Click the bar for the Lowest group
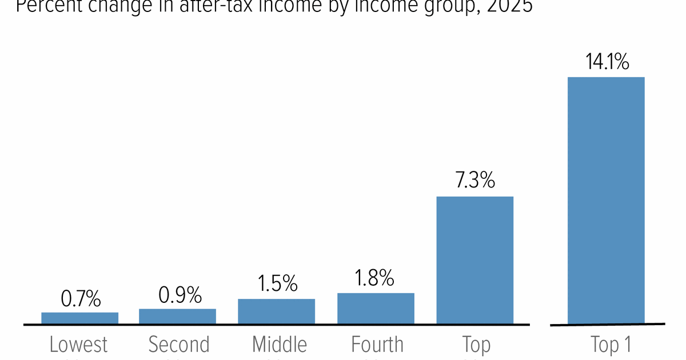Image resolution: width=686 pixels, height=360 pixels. [x=80, y=318]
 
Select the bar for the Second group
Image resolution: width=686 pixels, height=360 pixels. [x=178, y=317]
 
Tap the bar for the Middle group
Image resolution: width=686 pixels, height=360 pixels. [x=277, y=311]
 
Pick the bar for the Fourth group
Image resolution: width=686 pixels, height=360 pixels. [x=376, y=309]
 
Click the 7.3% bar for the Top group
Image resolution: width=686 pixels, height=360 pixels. [x=475, y=261]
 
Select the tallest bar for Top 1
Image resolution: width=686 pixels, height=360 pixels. [x=606, y=201]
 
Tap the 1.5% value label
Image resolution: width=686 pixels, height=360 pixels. [x=277, y=283]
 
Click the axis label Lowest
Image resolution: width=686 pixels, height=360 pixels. [x=79, y=345]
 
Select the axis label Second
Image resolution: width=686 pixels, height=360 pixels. [x=179, y=345]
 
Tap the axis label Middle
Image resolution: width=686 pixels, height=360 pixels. [x=280, y=345]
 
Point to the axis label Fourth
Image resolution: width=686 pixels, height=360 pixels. [x=377, y=345]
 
